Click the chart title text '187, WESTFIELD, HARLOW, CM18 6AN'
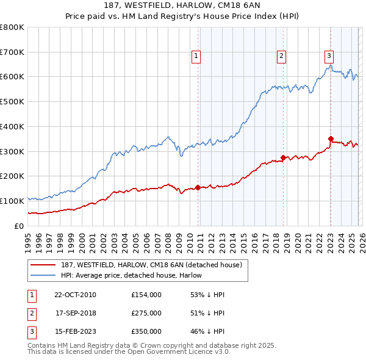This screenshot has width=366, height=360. [183, 6]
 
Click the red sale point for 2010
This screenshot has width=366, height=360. [198, 187]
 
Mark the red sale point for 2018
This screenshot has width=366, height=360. [284, 157]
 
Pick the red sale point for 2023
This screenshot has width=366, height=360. [331, 139]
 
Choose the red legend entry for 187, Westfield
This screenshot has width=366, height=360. [152, 264]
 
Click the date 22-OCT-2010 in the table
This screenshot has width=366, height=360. [74, 295]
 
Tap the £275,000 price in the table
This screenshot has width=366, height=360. [146, 313]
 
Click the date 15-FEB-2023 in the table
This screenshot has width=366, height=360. [74, 331]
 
